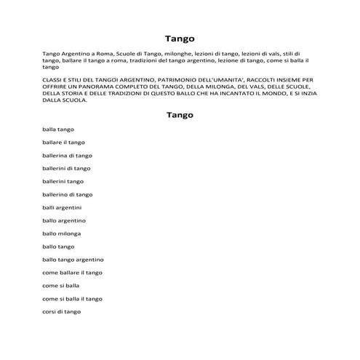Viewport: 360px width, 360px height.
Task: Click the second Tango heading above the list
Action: (x=180, y=114)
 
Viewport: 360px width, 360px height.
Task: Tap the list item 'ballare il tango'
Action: (x=63, y=143)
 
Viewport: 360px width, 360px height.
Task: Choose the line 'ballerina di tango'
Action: (x=67, y=156)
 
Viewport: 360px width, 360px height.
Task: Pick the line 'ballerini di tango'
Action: (x=66, y=168)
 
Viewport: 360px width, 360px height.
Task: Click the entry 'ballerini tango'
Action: (x=63, y=181)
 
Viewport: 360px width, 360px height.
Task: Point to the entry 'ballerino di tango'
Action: (x=67, y=194)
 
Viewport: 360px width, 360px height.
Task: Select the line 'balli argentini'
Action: (x=62, y=207)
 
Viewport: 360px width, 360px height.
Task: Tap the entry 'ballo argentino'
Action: (x=64, y=220)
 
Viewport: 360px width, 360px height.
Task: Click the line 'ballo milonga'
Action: (x=62, y=233)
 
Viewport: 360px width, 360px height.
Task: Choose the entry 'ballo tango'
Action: (x=58, y=247)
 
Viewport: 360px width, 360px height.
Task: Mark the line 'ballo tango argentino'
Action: (x=73, y=260)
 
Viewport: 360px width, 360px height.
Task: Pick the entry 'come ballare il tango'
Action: (x=72, y=272)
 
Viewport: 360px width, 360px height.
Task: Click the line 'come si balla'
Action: (x=60, y=285)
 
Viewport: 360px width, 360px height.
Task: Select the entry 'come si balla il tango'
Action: (x=72, y=298)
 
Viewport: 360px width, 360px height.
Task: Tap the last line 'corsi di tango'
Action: (x=61, y=311)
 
